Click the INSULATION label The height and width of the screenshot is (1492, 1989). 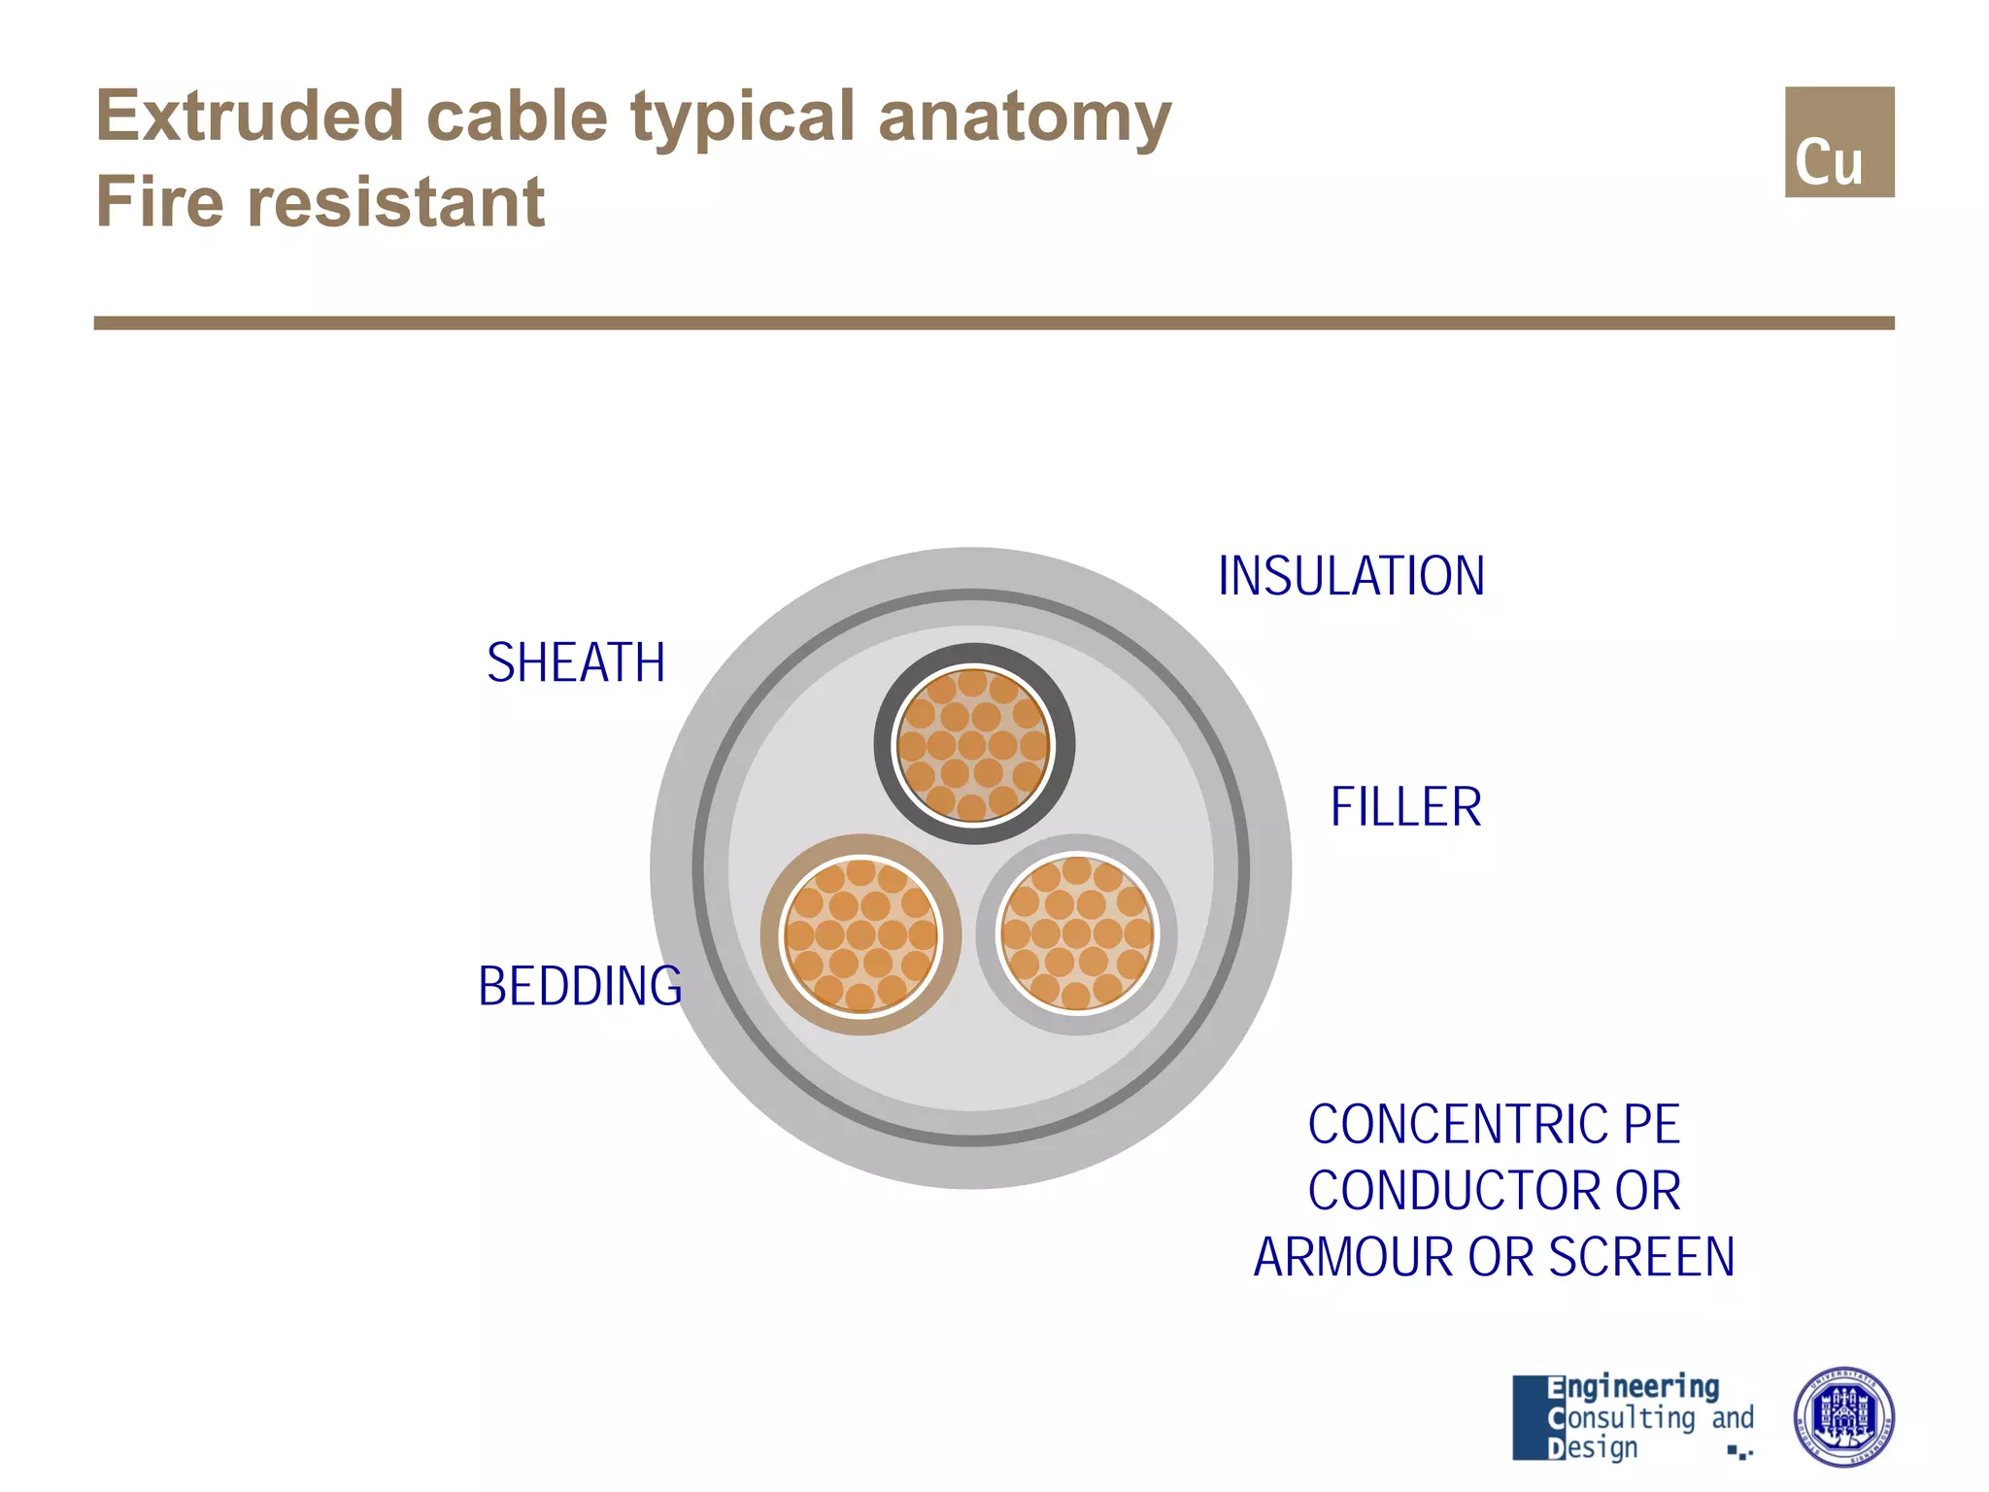pyautogui.click(x=1351, y=576)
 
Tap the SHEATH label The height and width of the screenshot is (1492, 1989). pyautogui.click(x=576, y=663)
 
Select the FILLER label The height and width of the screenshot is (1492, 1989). pyautogui.click(x=1405, y=807)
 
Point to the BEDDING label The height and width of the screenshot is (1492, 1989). pyautogui.click(x=580, y=987)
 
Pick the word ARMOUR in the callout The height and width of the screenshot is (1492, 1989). pyautogui.click(x=1356, y=1257)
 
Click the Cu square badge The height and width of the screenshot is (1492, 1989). pyautogui.click(x=1838, y=142)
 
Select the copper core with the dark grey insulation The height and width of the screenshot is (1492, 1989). pyautogui.click(x=973, y=744)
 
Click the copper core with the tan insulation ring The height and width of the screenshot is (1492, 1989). pyautogui.click(x=860, y=934)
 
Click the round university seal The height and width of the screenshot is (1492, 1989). pyautogui.click(x=1842, y=1416)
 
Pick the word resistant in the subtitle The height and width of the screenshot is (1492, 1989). pyautogui.click(x=396, y=202)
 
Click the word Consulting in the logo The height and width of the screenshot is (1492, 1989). pyautogui.click(x=1622, y=1418)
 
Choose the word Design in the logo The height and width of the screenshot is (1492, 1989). pyautogui.click(x=1593, y=1447)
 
